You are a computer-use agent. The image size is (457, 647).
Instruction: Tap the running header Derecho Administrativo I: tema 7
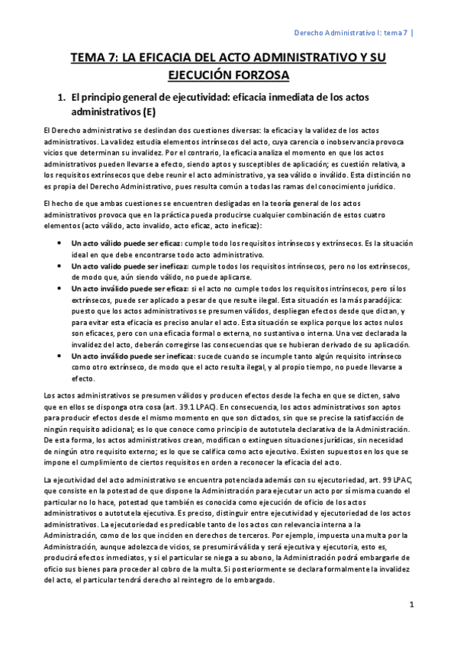pos(352,33)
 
